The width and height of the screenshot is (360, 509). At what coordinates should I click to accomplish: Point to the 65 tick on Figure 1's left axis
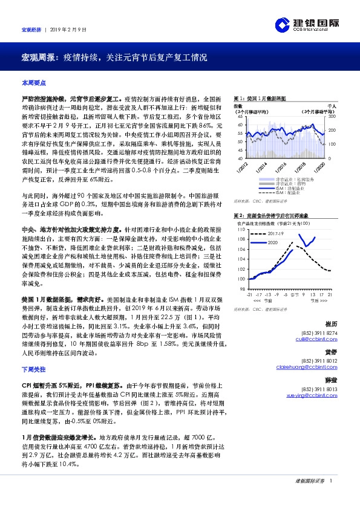click(x=239, y=116)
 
